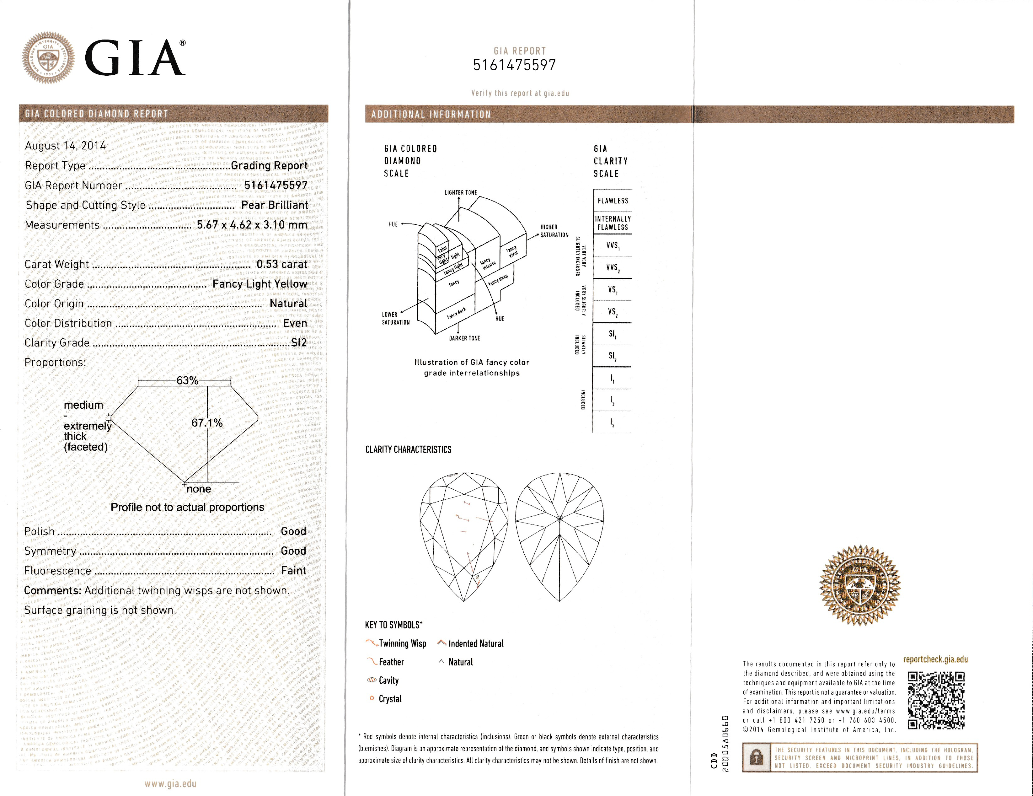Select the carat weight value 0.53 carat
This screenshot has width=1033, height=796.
click(x=282, y=264)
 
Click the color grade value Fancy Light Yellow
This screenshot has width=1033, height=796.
click(x=260, y=284)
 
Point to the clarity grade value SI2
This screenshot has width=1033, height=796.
click(x=299, y=343)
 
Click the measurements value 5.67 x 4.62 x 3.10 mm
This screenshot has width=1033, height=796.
click(x=252, y=225)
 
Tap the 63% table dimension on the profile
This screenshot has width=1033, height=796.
click(x=187, y=380)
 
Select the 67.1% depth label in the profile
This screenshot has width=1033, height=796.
click(x=207, y=422)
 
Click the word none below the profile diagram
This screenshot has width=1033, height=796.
click(x=199, y=489)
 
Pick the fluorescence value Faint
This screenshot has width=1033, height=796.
click(x=293, y=571)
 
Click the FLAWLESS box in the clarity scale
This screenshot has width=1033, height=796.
click(x=613, y=201)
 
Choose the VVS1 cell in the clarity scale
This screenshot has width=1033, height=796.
click(x=613, y=246)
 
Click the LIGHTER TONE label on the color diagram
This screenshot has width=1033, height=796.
click(x=460, y=193)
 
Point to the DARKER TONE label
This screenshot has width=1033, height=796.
click(x=464, y=338)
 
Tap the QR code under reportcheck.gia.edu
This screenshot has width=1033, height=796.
click(x=936, y=700)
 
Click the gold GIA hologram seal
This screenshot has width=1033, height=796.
click(x=860, y=585)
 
